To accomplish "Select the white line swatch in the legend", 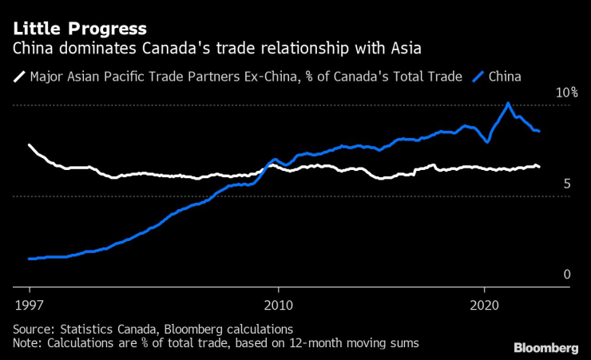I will [18, 77].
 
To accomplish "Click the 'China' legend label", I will [505, 77].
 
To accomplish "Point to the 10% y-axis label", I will [566, 93].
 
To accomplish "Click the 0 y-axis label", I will [566, 275].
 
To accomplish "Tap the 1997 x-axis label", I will [30, 304].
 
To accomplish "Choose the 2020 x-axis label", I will [484, 304].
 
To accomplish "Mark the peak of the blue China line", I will [508, 103].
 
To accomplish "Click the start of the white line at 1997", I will [30, 145].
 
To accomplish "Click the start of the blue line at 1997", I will [30, 259].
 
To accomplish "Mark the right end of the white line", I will [539, 166].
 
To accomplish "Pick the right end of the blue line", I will [539, 131].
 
